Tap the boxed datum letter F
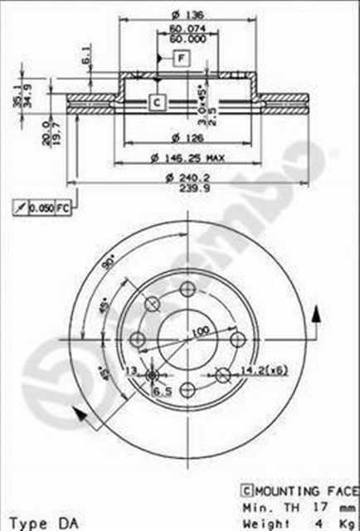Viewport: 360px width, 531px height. point(181,57)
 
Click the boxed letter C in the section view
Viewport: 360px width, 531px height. point(156,102)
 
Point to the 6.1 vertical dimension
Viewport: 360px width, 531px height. point(86,57)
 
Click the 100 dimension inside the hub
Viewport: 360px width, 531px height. point(199,332)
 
